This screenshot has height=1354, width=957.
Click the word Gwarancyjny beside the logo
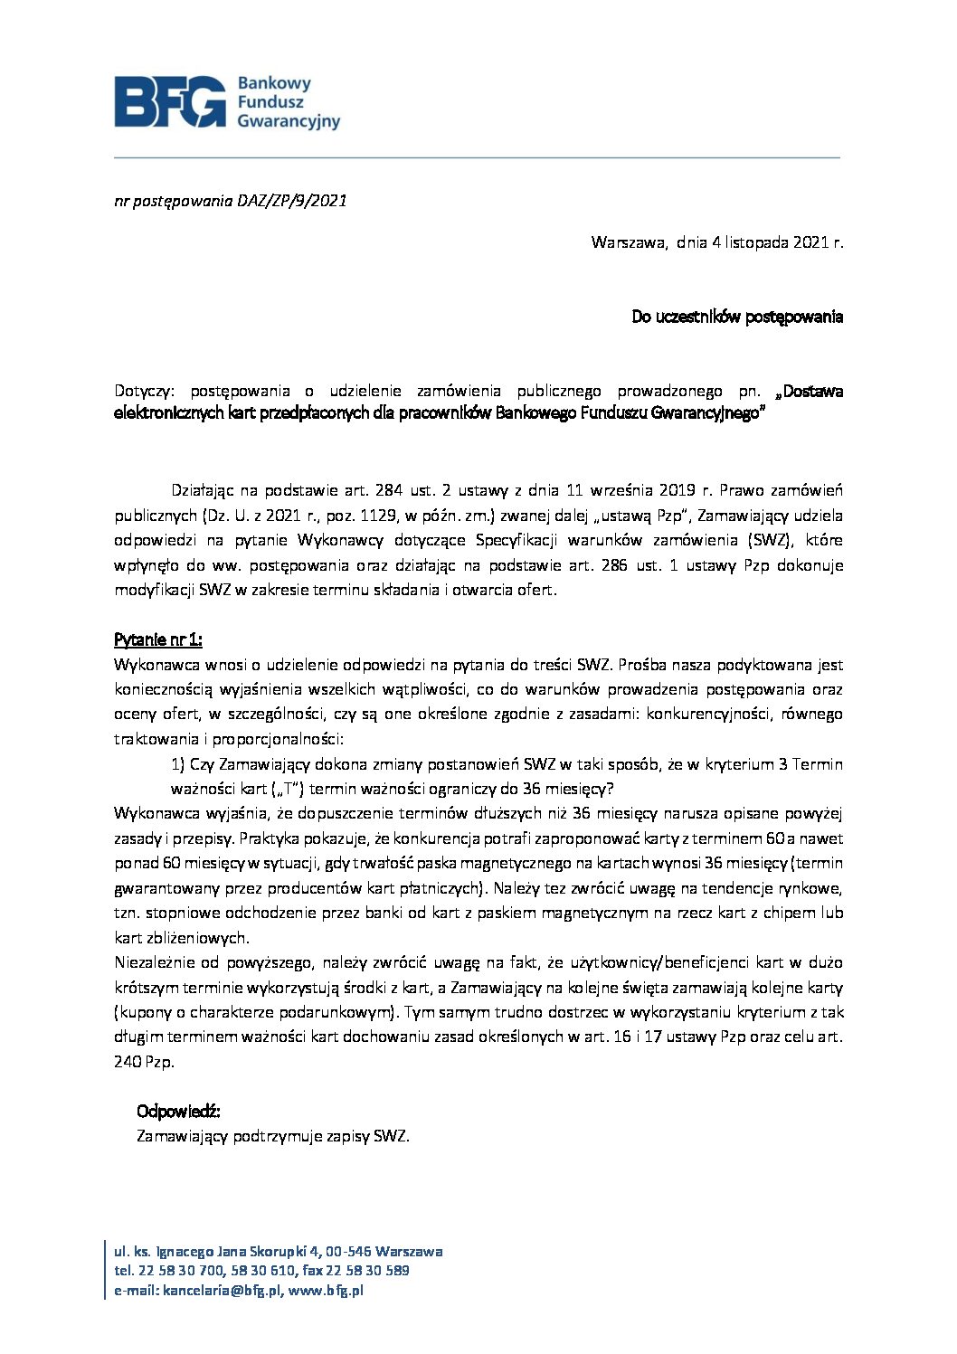(289, 120)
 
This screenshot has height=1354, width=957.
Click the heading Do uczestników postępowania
(737, 317)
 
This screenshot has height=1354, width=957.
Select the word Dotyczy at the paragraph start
(147, 391)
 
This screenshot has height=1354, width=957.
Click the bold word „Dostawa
(810, 391)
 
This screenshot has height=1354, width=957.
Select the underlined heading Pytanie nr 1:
(158, 639)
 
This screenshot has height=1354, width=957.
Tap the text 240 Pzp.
(145, 1061)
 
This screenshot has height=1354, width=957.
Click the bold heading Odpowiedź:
(178, 1111)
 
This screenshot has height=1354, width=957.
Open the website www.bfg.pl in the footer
(326, 1292)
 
